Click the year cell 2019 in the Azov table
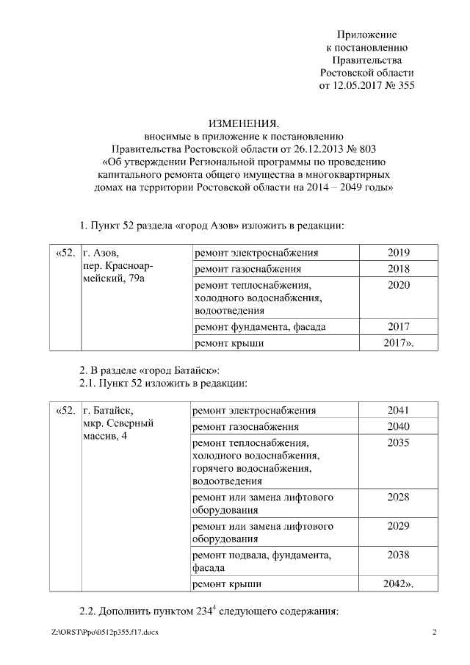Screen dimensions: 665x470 pos(398,253)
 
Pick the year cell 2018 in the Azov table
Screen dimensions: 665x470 pos(398,269)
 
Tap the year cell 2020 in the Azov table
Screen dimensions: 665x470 pos(398,285)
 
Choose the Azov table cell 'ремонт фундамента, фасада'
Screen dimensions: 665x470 pos(259,326)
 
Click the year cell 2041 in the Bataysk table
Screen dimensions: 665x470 pos(398,410)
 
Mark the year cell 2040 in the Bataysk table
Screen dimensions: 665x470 pos(398,426)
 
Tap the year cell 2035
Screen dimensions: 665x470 pos(398,443)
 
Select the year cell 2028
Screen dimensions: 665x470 pos(398,497)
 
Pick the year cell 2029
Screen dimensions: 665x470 pos(398,526)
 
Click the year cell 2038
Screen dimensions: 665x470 pos(398,555)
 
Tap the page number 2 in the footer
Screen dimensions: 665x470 pos(434,633)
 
